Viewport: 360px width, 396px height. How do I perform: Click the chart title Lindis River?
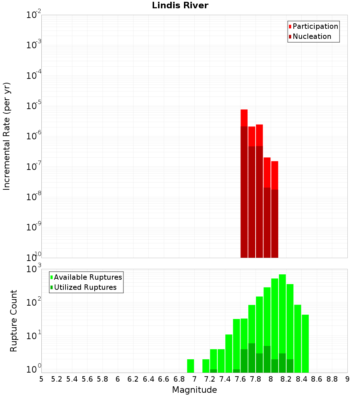[x=180, y=5]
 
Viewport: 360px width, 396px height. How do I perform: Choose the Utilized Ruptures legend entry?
[x=85, y=287]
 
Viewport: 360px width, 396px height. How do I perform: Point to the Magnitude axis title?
[x=194, y=390]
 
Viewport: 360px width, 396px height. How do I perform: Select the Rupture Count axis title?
[x=14, y=321]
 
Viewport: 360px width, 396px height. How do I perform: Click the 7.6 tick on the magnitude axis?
[x=240, y=379]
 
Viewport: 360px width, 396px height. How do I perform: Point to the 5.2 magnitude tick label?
[x=57, y=379]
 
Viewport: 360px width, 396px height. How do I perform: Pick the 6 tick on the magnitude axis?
[x=118, y=379]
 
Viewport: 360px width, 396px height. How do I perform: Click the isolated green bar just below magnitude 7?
[x=190, y=366]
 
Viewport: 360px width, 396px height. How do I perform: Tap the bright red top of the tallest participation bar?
[x=244, y=118]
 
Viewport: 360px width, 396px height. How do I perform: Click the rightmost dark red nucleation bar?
[x=275, y=223]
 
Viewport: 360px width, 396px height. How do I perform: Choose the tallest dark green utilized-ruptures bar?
[x=252, y=358]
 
